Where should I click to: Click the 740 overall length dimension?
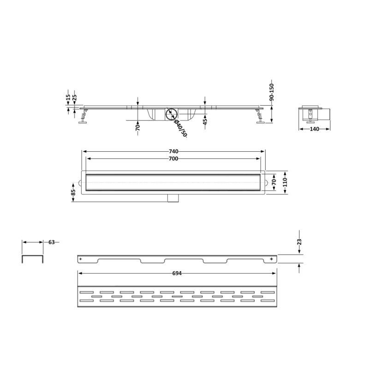pyautogui.click(x=173, y=151)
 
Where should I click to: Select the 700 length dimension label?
pyautogui.click(x=173, y=159)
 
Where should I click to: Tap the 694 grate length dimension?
pyautogui.click(x=177, y=273)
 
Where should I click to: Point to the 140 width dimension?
pyautogui.click(x=315, y=129)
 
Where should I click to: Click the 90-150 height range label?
pyautogui.click(x=272, y=92)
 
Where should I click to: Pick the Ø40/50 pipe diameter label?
pyautogui.click(x=180, y=128)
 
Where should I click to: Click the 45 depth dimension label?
pyautogui.click(x=205, y=122)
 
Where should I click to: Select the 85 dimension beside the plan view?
pyautogui.click(x=73, y=192)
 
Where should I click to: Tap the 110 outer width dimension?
pyautogui.click(x=285, y=182)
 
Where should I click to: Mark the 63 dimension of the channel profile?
pyautogui.click(x=52, y=242)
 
